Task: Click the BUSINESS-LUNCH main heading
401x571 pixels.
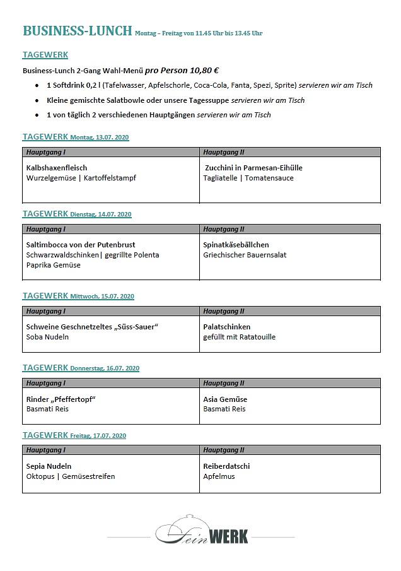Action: pyautogui.click(x=77, y=31)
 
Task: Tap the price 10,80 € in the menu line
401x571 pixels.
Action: pyautogui.click(x=205, y=71)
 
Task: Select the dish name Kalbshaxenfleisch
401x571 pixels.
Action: pyautogui.click(x=57, y=168)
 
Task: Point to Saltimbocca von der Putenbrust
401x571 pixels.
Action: pyautogui.click(x=81, y=245)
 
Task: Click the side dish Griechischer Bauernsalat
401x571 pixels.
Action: pyautogui.click(x=245, y=255)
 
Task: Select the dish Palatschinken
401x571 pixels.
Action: pyautogui.click(x=227, y=327)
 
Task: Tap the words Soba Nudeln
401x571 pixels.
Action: pyautogui.click(x=47, y=337)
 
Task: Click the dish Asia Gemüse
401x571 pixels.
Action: pyautogui.click(x=225, y=399)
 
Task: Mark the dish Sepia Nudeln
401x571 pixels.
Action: pyautogui.click(x=49, y=466)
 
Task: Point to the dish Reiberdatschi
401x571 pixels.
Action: pyautogui.click(x=226, y=466)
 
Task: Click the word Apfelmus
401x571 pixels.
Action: pyautogui.click(x=219, y=476)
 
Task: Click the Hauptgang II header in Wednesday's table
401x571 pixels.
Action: pyautogui.click(x=224, y=311)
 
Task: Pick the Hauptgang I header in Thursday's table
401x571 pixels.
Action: pyautogui.click(x=46, y=383)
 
